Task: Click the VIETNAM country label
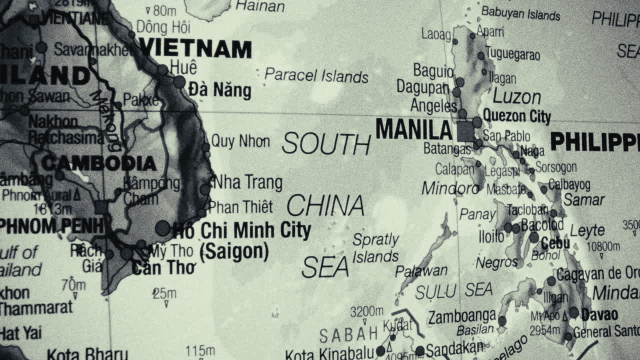pyautogui.click(x=195, y=48)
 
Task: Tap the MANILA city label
pyautogui.click(x=414, y=130)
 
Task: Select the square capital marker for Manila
pyautogui.click(x=465, y=131)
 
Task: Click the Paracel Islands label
pyautogui.click(x=316, y=75)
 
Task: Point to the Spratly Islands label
pyautogui.click(x=375, y=248)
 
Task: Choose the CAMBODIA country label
pyautogui.click(x=99, y=163)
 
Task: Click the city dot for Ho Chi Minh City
pyautogui.click(x=162, y=228)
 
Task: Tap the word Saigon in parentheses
pyautogui.click(x=234, y=251)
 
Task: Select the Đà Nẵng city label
pyautogui.click(x=219, y=90)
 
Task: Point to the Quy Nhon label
pyautogui.click(x=240, y=141)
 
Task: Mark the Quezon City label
pyautogui.click(x=517, y=116)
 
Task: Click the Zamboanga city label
pyautogui.click(x=461, y=316)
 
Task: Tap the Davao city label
pyautogui.click(x=600, y=315)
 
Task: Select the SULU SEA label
pyautogui.click(x=453, y=290)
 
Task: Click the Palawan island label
pyautogui.click(x=421, y=271)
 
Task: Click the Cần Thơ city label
pyautogui.click(x=163, y=268)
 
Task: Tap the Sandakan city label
pyautogui.click(x=454, y=348)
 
